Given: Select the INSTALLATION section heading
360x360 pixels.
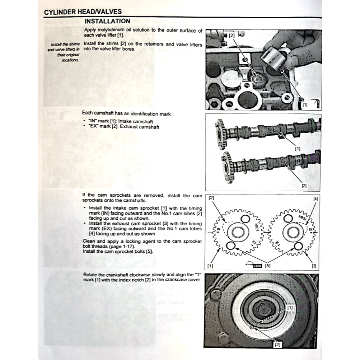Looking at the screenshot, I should (107, 21).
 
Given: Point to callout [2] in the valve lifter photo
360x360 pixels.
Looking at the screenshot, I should (232, 36).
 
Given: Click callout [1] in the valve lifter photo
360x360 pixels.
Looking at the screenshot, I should (305, 105).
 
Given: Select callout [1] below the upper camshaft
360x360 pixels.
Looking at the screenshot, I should (298, 148).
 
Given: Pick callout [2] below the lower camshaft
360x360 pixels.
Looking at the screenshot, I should (304, 186).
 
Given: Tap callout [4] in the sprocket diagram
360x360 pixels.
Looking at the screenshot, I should (315, 198).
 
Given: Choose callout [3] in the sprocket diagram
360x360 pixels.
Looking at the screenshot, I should (314, 266).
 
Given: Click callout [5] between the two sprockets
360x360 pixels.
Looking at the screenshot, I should (267, 266).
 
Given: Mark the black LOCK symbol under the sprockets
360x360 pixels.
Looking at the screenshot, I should (257, 266).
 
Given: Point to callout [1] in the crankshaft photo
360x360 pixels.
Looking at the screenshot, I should (290, 308).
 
